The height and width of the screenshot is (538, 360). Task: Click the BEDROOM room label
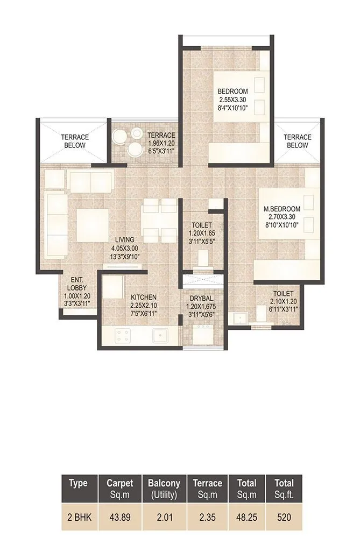(233, 91)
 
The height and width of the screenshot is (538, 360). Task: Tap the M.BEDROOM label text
(281, 209)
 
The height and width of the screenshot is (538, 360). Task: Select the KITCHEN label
(144, 297)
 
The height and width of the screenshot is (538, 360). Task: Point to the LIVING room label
(124, 240)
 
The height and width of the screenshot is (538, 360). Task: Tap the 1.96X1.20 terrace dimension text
(161, 143)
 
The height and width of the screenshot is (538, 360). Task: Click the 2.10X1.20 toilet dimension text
(282, 302)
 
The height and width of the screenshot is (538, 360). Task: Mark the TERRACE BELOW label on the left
(74, 141)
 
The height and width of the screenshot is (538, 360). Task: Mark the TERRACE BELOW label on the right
(297, 141)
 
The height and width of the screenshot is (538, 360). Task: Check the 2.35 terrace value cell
(207, 518)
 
